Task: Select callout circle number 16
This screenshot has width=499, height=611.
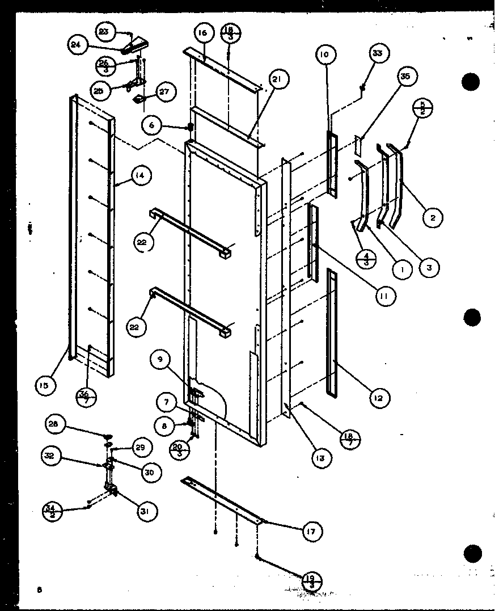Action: click(x=202, y=33)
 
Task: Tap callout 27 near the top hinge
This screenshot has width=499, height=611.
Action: click(x=166, y=92)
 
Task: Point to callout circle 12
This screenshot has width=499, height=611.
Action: click(x=378, y=398)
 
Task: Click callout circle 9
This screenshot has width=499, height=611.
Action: click(x=160, y=359)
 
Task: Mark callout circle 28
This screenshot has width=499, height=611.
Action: click(x=56, y=424)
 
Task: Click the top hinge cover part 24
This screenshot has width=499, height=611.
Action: click(x=137, y=44)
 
